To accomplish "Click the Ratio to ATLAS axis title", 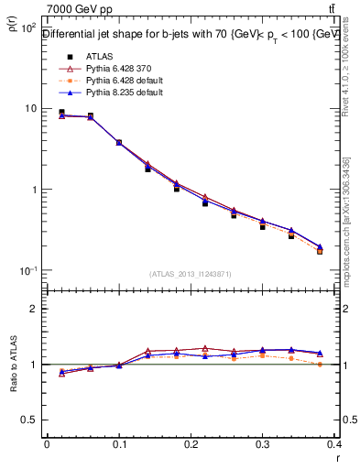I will (x=11, y=364).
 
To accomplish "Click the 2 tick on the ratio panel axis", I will (x=35, y=309).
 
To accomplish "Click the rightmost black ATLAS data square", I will (x=320, y=250).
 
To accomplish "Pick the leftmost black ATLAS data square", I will (x=61, y=113).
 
